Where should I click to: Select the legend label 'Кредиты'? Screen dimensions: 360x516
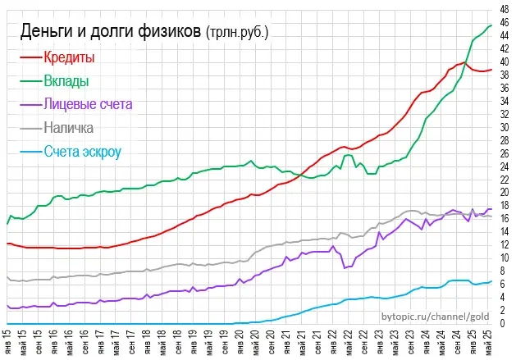click(70, 58)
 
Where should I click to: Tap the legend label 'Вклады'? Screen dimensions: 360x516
click(67, 81)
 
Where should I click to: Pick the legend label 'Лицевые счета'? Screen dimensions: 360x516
click(89, 104)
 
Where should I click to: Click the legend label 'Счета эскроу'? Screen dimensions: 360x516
click(84, 152)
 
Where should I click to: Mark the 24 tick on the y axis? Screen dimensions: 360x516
click(504, 166)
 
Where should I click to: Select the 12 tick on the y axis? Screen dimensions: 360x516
click(504, 245)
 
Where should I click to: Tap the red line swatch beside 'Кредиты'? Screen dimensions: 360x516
click(30, 58)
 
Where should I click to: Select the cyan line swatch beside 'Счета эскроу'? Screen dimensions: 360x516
click(30, 152)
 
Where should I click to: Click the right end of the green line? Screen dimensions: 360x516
click(491, 25)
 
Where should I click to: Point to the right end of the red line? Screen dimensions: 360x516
click(491, 70)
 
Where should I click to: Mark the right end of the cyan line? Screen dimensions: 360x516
click(491, 281)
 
